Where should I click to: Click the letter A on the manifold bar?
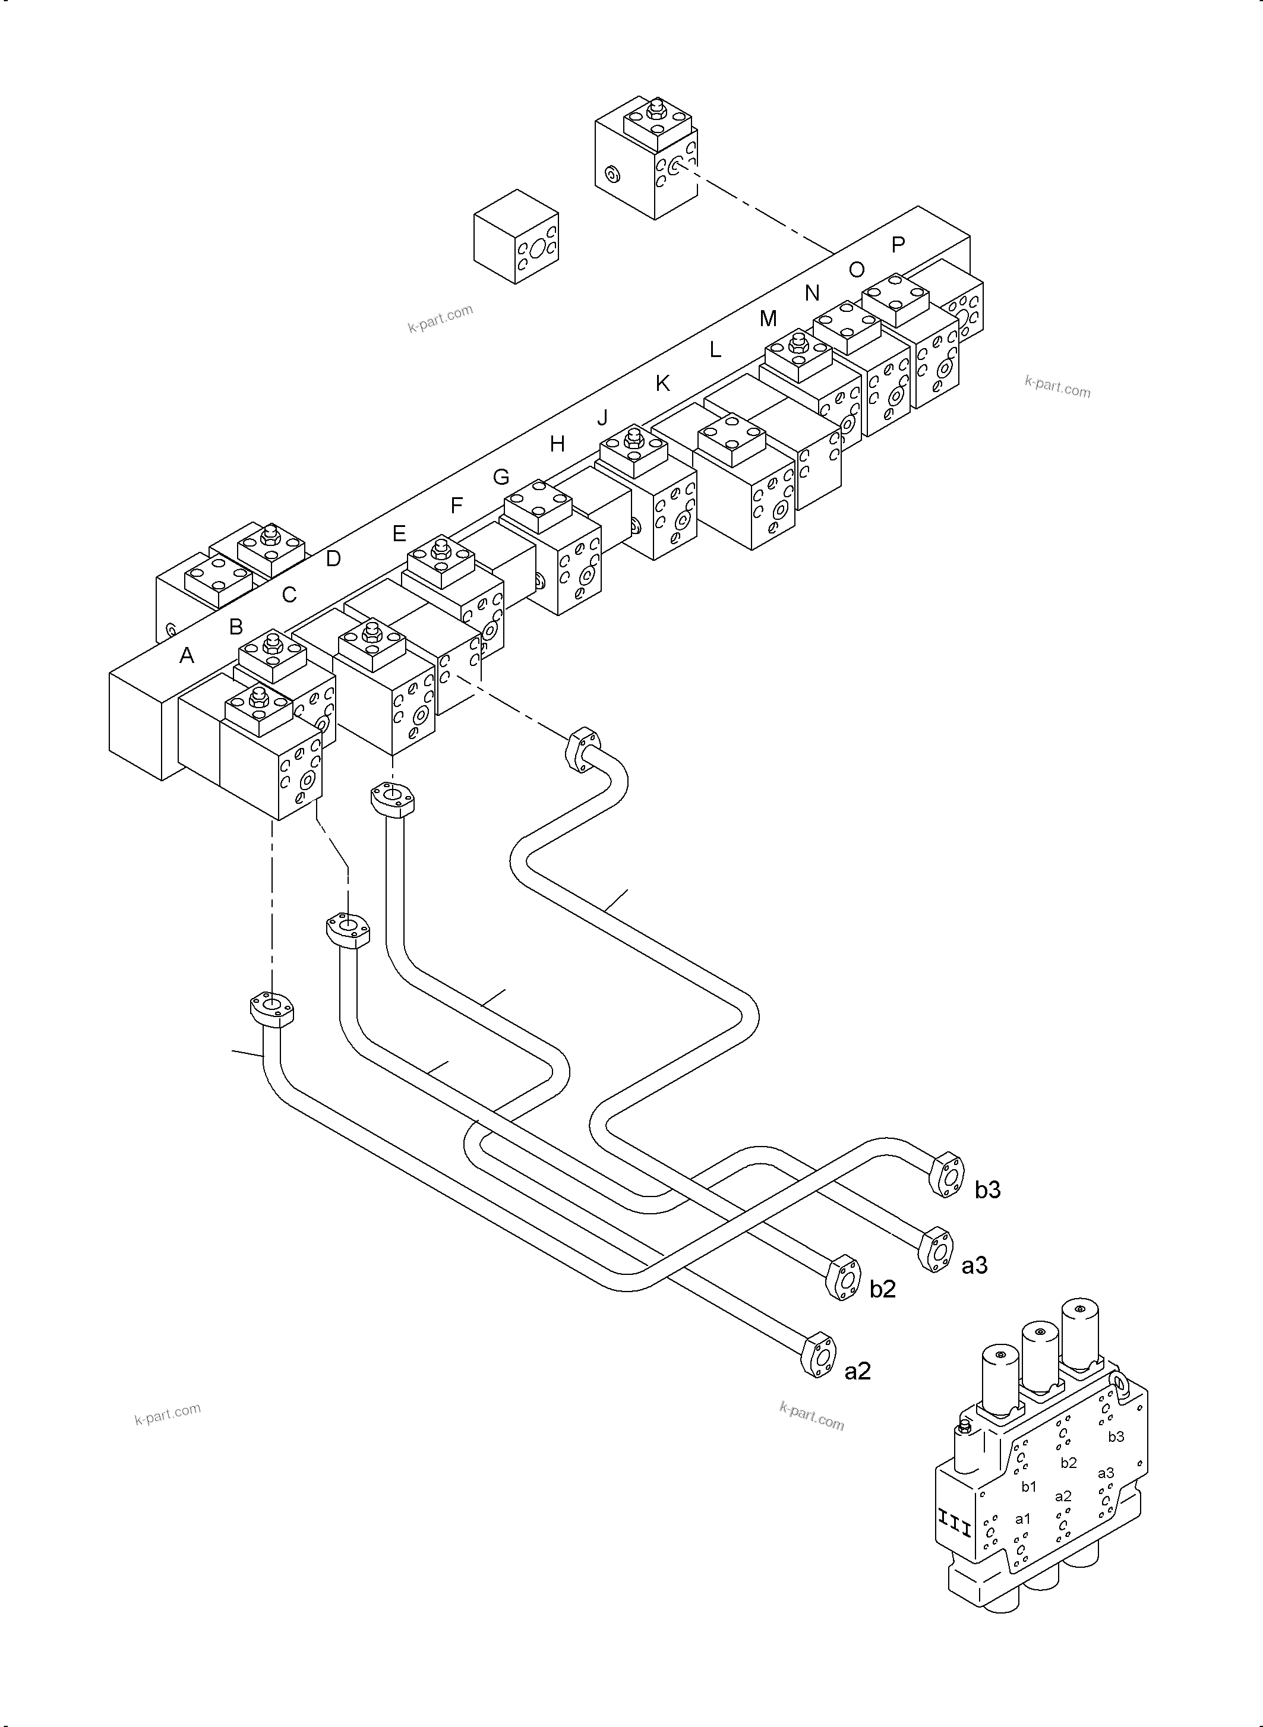[187, 655]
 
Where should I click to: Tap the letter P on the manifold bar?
[898, 245]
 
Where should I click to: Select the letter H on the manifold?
[557, 443]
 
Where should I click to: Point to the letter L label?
[715, 350]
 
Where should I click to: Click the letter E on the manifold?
[399, 533]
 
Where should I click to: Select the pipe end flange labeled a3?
[936, 1250]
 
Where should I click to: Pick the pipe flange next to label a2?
[818, 1355]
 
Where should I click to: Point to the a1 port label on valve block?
[1022, 1518]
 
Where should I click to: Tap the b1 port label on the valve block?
[1029, 1486]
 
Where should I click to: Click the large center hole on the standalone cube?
[539, 248]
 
